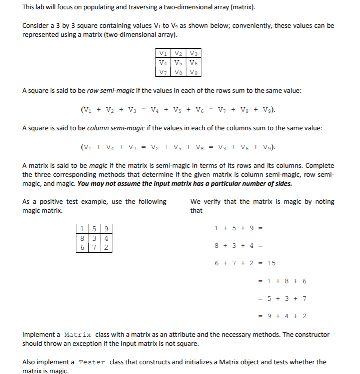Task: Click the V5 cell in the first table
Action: pos(179,63)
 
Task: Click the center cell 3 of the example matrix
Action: pos(95,238)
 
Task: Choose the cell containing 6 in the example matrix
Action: pos(82,246)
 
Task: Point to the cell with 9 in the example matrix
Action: pos(107,229)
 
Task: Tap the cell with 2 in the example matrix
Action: pos(107,246)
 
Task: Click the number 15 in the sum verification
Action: pos(271,263)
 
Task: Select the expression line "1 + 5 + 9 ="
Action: pos(239,228)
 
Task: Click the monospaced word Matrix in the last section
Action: pos(78,334)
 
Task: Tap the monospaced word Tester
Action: pos(92,362)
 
